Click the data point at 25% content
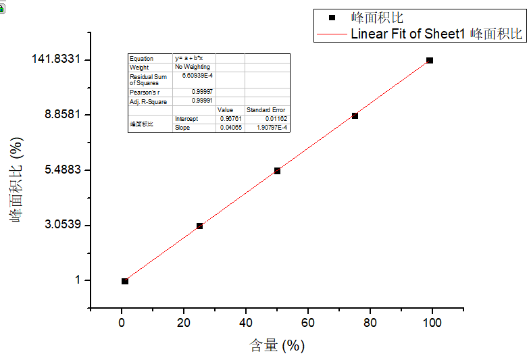point(199,226)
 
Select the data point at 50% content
point(277,171)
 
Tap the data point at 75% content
point(355,115)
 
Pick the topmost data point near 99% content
point(430,60)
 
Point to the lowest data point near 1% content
point(125,281)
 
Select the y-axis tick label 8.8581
point(63,114)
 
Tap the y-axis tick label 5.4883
point(63,170)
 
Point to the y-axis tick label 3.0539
point(63,224)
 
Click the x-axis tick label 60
point(308,323)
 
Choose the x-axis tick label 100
point(432,323)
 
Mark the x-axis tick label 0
point(122,323)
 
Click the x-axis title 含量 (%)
point(277,346)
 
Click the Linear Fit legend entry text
point(436,34)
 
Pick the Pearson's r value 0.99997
point(203,91)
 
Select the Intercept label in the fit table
point(187,119)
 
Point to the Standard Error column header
point(266,109)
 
